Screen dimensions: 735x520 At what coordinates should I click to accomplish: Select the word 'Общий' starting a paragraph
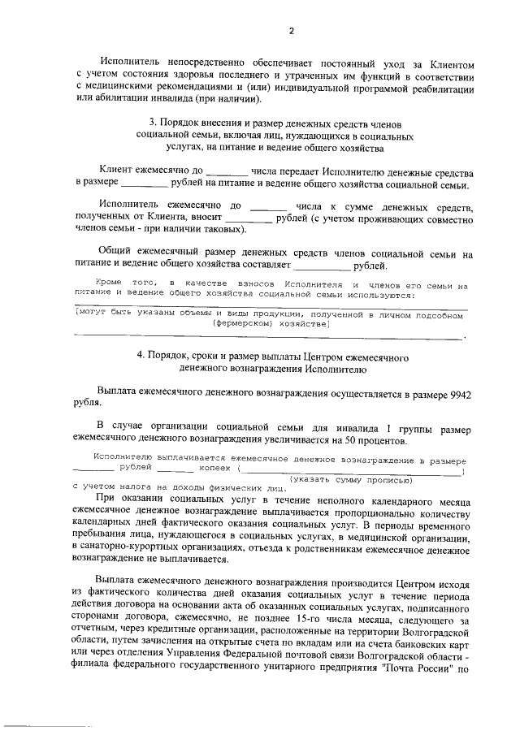click(115, 253)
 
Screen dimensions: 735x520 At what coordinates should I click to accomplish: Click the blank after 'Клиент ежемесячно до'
click(227, 172)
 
